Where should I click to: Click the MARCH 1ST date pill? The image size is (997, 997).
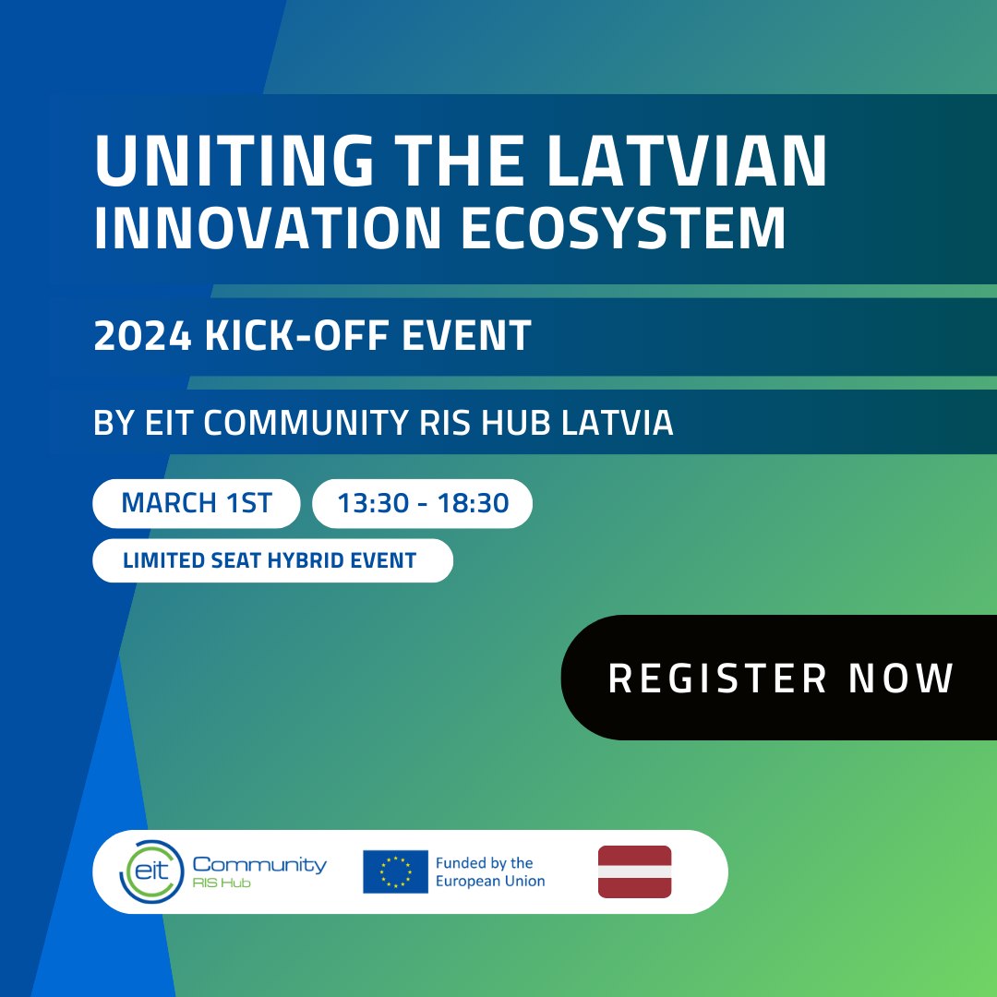(197, 503)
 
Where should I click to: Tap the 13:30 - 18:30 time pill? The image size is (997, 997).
(423, 503)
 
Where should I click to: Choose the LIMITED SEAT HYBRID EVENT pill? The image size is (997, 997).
(272, 560)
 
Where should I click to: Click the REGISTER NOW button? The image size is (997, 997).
(780, 678)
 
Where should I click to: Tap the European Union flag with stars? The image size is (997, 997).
(395, 871)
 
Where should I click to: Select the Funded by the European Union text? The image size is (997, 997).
(489, 871)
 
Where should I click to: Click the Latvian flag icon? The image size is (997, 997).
(634, 871)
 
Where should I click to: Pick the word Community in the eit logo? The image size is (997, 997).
(259, 864)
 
